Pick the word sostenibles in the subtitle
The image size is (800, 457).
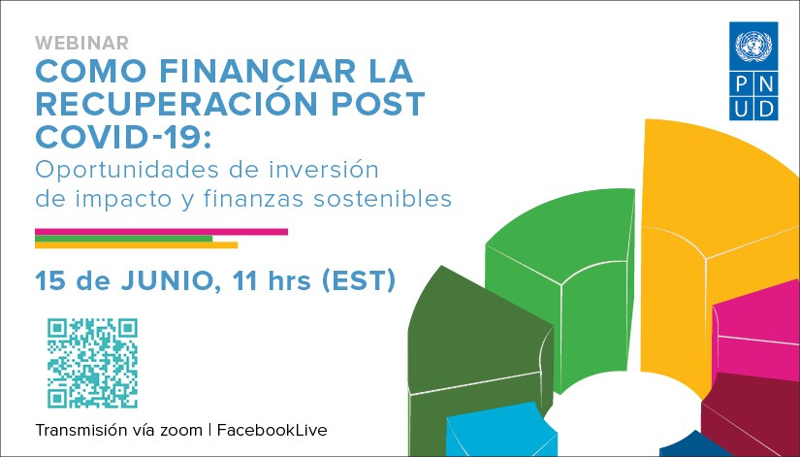[x=392, y=199]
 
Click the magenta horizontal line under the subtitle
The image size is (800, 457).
[x=161, y=231]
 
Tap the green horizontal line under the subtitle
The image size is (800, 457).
[x=123, y=238]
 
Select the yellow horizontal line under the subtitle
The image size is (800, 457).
[x=136, y=245]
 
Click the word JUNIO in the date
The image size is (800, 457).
[x=175, y=281]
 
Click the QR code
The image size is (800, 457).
[x=92, y=363]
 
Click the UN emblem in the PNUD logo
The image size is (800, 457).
[x=752, y=46]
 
